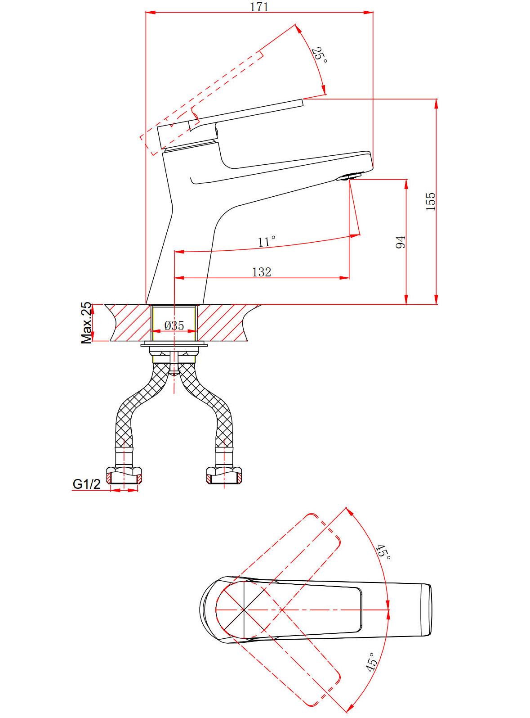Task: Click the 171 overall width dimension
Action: click(x=260, y=7)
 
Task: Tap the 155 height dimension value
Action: click(x=430, y=201)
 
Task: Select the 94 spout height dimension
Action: click(x=401, y=242)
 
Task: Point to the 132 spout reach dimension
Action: click(x=261, y=272)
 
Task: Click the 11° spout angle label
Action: click(x=267, y=241)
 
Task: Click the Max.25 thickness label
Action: click(x=86, y=323)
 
